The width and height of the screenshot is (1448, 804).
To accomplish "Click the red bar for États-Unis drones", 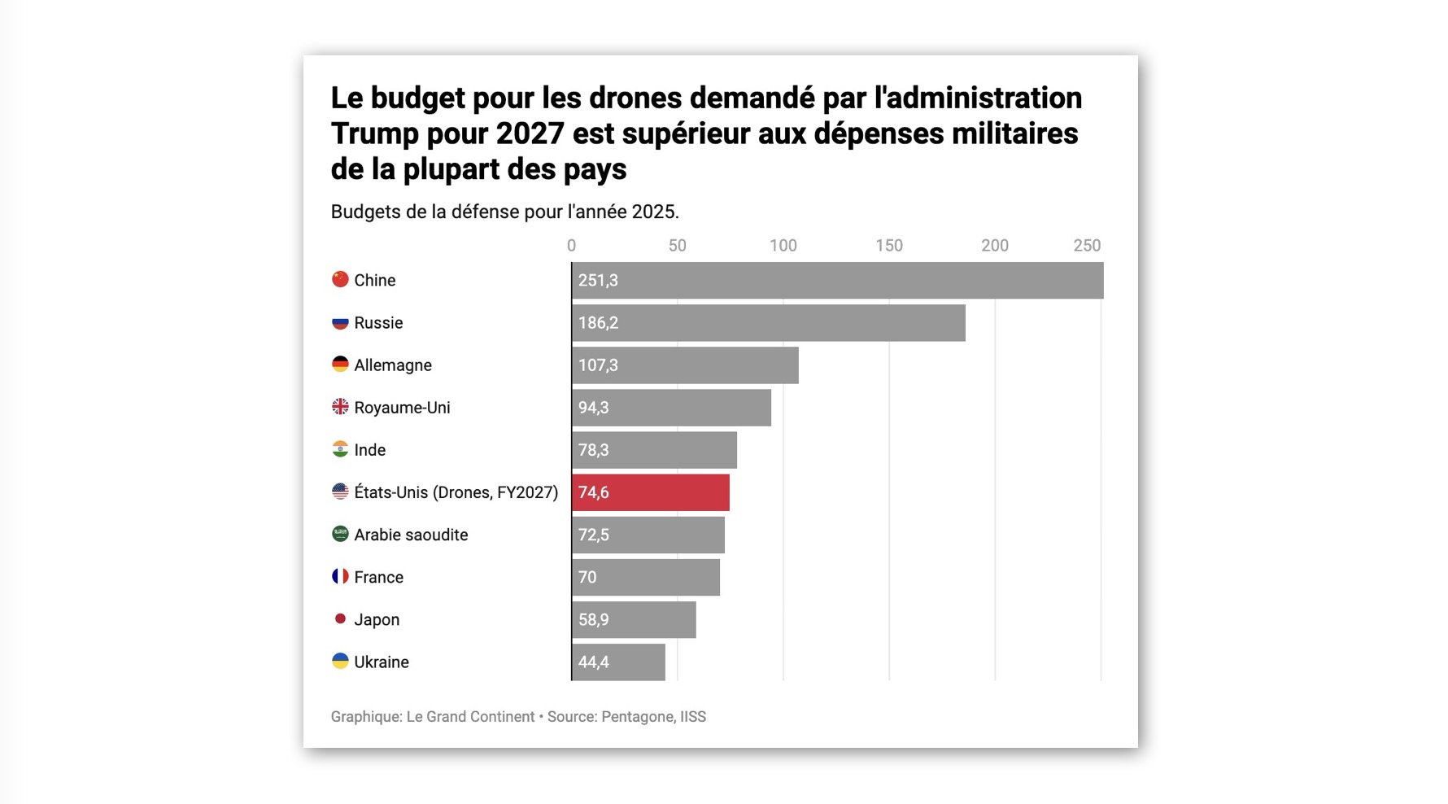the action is (651, 492).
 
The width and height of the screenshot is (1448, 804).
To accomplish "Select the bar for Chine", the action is (838, 280).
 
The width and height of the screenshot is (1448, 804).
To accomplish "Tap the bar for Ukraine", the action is (618, 662).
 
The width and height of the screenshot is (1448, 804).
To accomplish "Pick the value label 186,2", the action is (598, 323).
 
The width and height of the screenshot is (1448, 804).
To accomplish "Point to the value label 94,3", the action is (593, 408).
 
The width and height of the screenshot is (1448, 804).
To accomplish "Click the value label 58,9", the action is (593, 620).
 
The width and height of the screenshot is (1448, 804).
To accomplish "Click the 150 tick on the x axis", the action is (889, 246).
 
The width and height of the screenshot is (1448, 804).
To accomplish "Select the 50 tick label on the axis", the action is (677, 246).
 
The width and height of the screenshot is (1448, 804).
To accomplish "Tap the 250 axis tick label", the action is (1087, 246).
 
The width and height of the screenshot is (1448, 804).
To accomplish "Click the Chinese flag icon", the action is (340, 279).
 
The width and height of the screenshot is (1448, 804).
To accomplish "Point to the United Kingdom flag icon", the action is (340, 406).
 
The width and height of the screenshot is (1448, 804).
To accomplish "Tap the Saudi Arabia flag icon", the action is (340, 534).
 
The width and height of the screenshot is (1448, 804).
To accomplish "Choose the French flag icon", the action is (340, 576).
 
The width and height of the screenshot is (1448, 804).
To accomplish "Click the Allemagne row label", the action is (393, 365).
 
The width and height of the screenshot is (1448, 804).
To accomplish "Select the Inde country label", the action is (370, 450).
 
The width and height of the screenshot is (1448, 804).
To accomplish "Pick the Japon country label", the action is (377, 620).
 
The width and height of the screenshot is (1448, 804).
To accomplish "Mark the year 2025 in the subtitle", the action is (656, 212).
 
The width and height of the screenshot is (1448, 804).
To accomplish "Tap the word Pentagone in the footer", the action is (638, 717).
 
